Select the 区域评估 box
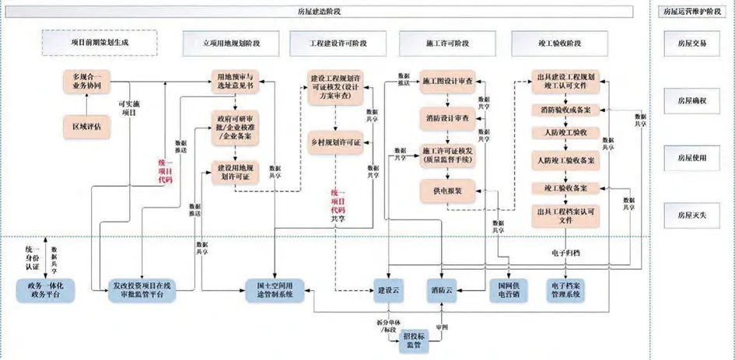tap(86, 127)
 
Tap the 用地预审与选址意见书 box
tap(235, 82)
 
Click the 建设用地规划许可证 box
tap(235, 172)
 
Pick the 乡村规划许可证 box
tap(335, 142)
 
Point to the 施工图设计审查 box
tap(447, 82)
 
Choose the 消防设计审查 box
tap(447, 118)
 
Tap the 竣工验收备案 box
tap(565, 188)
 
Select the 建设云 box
tap(386, 289)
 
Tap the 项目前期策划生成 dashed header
tap(99, 43)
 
